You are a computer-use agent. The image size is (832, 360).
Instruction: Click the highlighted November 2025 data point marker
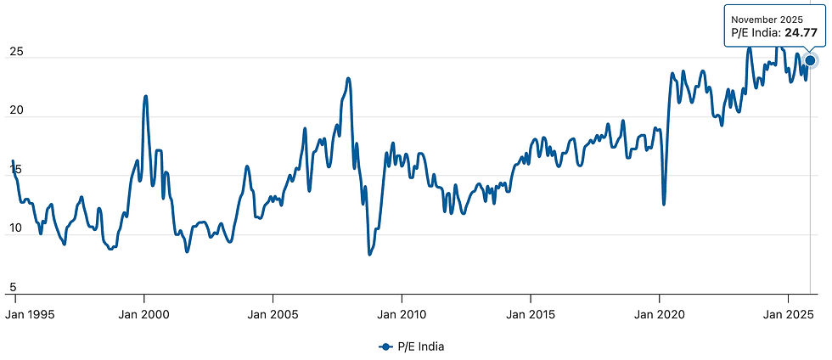click(x=810, y=60)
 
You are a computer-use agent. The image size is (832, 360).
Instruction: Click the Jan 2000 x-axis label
click(x=143, y=314)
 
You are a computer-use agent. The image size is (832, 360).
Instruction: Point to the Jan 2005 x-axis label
click(x=273, y=314)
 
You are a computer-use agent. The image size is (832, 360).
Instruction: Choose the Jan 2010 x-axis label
click(x=402, y=314)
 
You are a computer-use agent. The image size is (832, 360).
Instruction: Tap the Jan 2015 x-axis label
click(x=531, y=314)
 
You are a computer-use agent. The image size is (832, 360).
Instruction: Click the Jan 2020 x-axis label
click(x=659, y=314)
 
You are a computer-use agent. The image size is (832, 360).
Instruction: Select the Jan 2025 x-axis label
click(x=788, y=314)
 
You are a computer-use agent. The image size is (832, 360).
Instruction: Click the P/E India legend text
click(x=421, y=346)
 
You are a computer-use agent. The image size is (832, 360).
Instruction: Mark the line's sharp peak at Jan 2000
click(x=145, y=96)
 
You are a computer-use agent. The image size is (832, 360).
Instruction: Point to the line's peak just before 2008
click(x=348, y=79)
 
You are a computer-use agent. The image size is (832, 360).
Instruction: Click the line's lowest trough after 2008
click(x=369, y=255)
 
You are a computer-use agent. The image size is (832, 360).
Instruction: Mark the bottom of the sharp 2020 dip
click(x=664, y=205)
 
